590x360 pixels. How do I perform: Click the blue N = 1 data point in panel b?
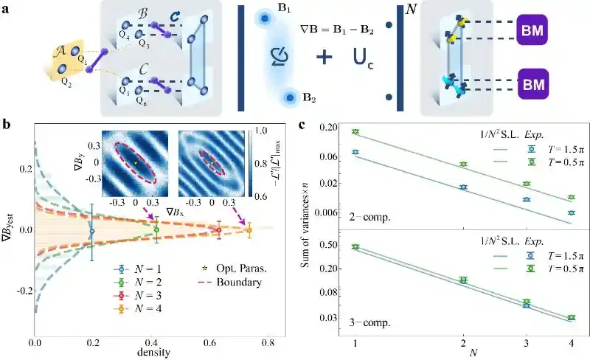coord(91,231)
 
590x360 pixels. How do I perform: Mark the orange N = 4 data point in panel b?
coord(249,229)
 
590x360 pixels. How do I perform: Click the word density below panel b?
coord(152,353)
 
